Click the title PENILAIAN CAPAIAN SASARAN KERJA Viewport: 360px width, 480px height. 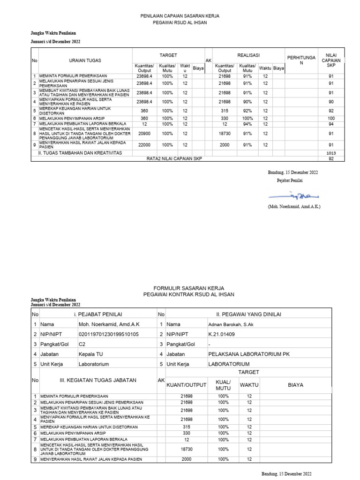tap(180, 16)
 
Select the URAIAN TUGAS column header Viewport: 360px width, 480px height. tap(85, 60)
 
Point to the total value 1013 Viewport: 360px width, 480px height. tap(331, 153)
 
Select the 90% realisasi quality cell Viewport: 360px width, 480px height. tap(247, 101)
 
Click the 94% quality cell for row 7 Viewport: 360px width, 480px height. tap(247, 124)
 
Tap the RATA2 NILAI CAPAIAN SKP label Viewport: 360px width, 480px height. tap(176, 159)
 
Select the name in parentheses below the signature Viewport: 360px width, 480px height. tap(294, 206)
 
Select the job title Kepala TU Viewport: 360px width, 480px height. tap(88, 354)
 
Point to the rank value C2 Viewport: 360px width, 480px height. tap(82, 344)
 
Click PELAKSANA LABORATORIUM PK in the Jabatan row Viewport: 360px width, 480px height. tap(249, 354)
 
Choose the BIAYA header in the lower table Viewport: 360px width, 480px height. tap(295, 385)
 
